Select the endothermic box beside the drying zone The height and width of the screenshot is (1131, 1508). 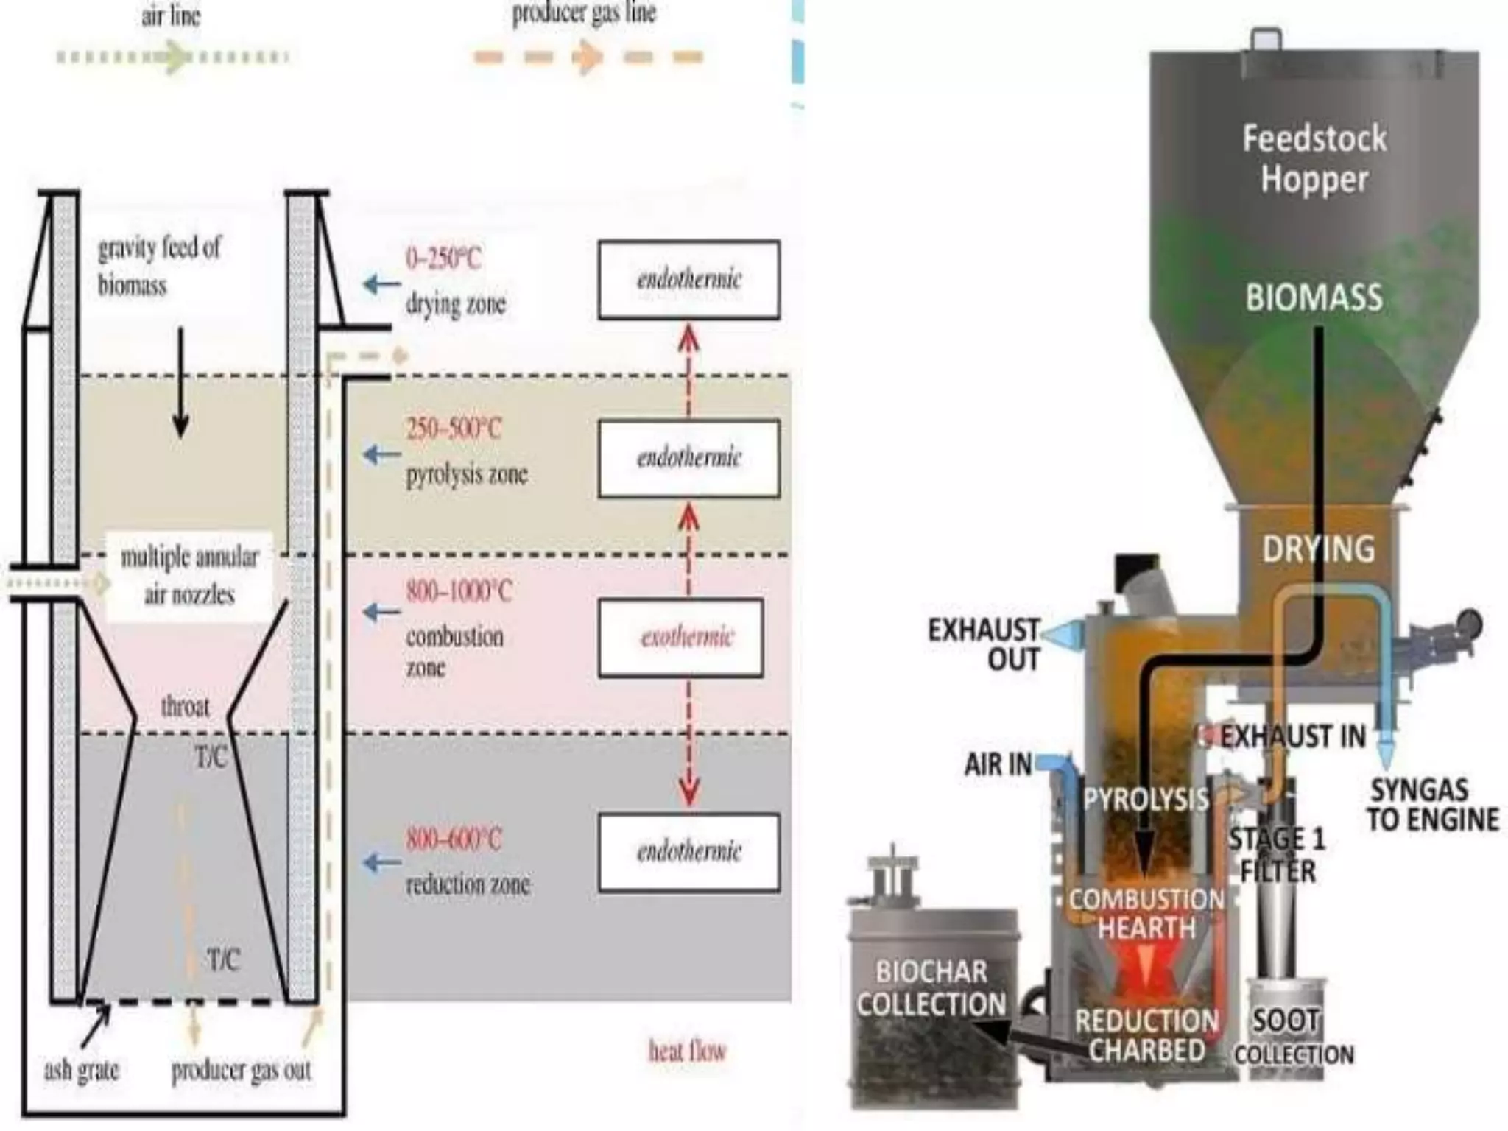pyautogui.click(x=688, y=280)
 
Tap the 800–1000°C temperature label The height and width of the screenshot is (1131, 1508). pyautogui.click(x=458, y=591)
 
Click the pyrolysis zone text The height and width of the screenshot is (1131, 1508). pyautogui.click(x=467, y=474)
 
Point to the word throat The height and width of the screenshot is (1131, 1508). pyautogui.click(x=185, y=707)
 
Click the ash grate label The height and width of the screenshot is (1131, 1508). pyautogui.click(x=81, y=1069)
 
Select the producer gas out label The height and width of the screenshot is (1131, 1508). pyautogui.click(x=242, y=1070)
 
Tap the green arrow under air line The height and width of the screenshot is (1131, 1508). pyautogui.click(x=174, y=57)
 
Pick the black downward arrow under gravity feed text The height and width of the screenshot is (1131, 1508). pyautogui.click(x=180, y=383)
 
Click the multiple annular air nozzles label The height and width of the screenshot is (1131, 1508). pyautogui.click(x=189, y=575)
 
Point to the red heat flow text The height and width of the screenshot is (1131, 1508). pyautogui.click(x=687, y=1051)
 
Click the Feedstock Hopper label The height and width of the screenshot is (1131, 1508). pyautogui.click(x=1314, y=158)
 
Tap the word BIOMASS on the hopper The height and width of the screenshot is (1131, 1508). pyautogui.click(x=1314, y=297)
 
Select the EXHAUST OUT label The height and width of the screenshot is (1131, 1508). pyautogui.click(x=984, y=644)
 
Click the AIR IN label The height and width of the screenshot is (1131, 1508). pyautogui.click(x=998, y=764)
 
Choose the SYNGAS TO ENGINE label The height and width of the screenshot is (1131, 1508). pyautogui.click(x=1432, y=805)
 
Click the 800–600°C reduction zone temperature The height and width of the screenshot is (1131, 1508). pyautogui.click(x=454, y=839)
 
